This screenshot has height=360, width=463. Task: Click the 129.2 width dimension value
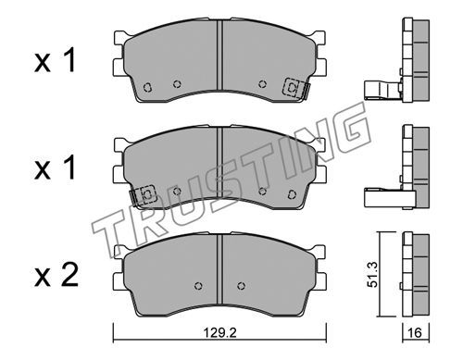(219, 333)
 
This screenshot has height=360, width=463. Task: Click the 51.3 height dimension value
(373, 275)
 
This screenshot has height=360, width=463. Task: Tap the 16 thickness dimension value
(415, 333)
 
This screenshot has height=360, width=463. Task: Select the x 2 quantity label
(56, 276)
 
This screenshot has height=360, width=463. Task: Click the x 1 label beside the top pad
(55, 61)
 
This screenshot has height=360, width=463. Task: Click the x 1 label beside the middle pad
(55, 168)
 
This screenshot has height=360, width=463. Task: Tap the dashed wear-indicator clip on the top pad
(295, 88)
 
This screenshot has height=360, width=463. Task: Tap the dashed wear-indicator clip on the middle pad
(143, 195)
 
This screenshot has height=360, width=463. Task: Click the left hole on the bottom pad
(198, 286)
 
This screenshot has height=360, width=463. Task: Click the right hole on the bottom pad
(241, 286)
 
